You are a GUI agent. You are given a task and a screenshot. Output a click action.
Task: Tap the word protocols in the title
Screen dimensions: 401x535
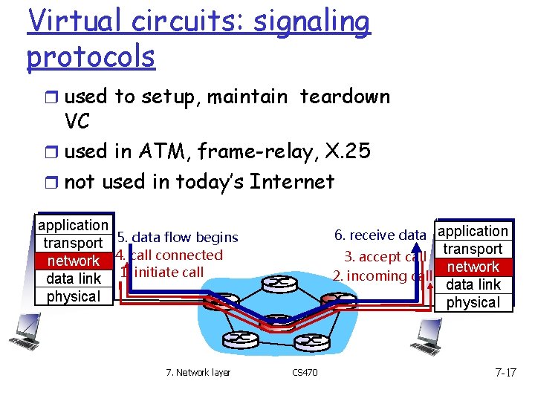click(91, 56)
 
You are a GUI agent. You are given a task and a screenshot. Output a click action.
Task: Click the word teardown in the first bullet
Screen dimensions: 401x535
click(344, 97)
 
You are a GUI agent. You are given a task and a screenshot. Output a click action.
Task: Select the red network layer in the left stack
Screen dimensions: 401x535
click(73, 261)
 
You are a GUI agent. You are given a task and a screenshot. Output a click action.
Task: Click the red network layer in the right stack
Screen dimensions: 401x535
click(473, 267)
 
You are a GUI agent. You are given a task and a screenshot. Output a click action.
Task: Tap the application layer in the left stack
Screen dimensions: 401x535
click(73, 225)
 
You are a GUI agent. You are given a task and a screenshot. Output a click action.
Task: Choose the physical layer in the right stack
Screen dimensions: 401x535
click(473, 302)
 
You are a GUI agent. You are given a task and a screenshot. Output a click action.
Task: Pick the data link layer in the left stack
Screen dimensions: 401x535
click(73, 278)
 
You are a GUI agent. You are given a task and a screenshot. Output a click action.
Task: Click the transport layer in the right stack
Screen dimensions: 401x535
click(473, 249)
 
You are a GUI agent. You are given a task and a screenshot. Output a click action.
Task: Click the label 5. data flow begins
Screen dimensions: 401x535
click(178, 238)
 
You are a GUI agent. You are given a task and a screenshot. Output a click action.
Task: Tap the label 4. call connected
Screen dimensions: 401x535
click(169, 255)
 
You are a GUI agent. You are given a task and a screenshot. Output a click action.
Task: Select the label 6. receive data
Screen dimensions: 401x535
click(380, 235)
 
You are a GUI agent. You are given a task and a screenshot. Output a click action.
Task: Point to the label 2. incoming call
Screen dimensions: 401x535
click(381, 276)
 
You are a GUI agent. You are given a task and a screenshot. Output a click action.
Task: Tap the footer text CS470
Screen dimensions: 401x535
click(305, 373)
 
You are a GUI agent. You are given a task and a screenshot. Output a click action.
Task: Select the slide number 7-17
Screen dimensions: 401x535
click(505, 372)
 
